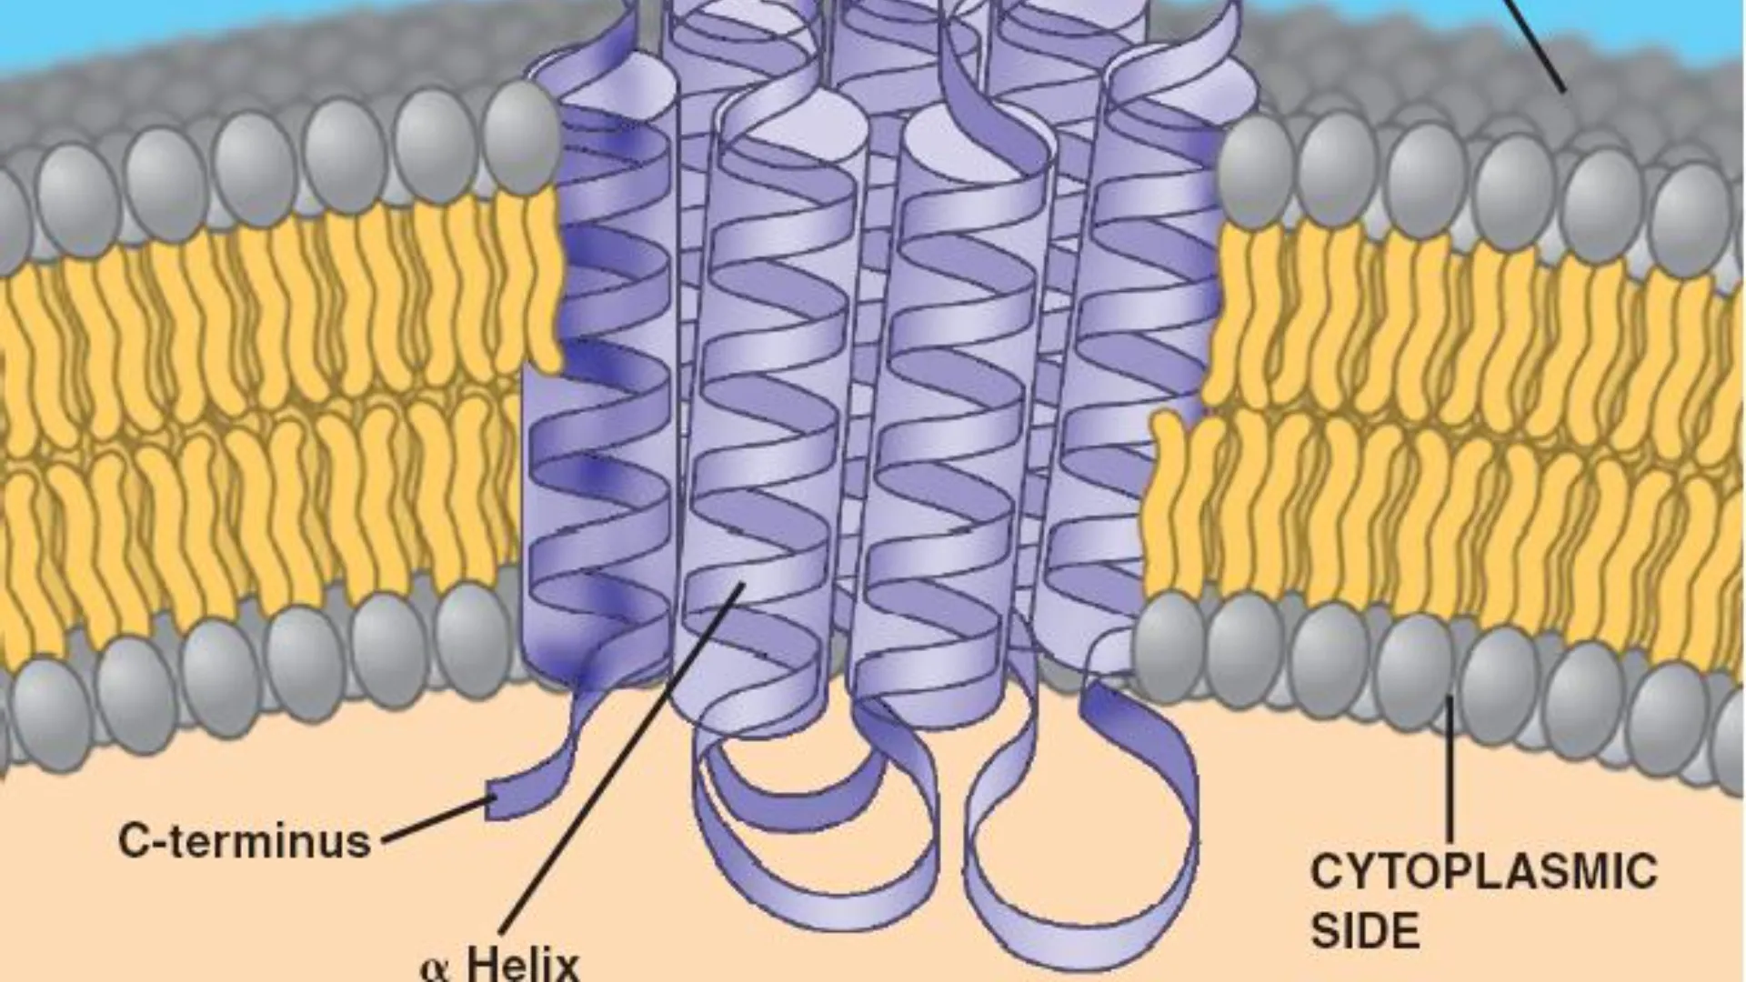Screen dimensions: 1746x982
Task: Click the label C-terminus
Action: [245, 840]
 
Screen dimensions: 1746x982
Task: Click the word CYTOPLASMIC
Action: [1483, 871]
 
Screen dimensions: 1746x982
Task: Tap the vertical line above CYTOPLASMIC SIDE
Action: [1450, 768]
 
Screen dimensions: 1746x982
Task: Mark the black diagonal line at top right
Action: [1535, 45]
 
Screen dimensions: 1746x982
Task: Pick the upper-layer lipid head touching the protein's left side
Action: [520, 136]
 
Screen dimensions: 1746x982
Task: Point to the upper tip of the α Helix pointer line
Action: [744, 584]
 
